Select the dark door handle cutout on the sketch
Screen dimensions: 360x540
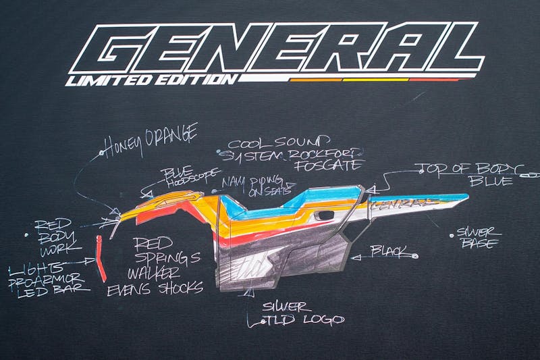(x=323, y=215)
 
